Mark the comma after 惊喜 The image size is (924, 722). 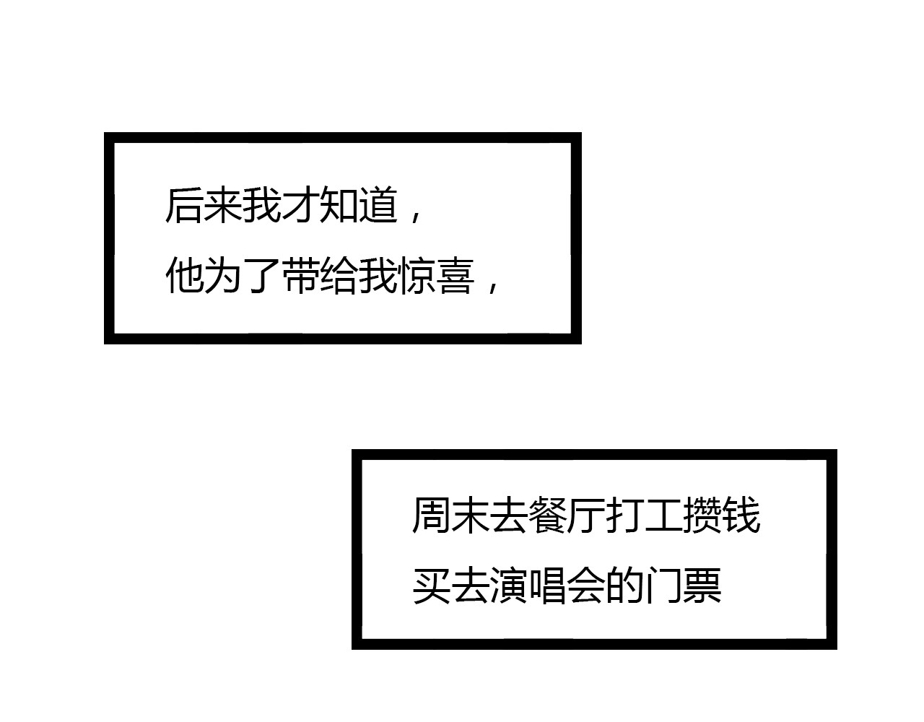492,284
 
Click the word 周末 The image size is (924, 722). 450,516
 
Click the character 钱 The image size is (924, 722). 740,516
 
